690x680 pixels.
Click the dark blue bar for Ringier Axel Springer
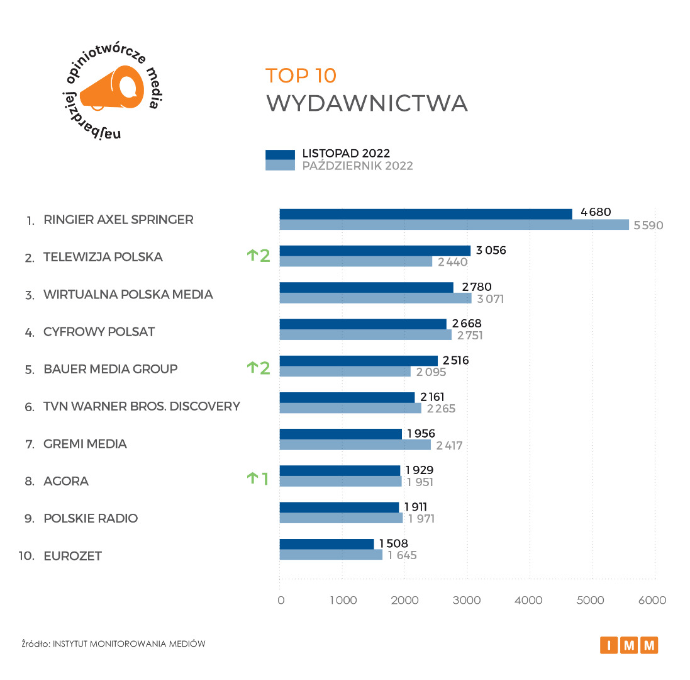coord(425,214)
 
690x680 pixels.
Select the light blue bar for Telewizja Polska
coord(355,261)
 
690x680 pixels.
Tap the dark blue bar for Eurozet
coord(326,544)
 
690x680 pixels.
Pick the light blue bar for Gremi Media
coord(355,445)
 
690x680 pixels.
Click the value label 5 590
coord(648,225)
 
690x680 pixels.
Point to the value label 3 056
coord(491,251)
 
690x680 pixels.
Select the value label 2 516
coord(455,361)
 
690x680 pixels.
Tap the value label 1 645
coord(402,555)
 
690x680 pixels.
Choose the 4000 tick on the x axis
coord(528,601)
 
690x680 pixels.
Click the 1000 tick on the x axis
coord(343,601)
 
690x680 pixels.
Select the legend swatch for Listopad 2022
coord(280,154)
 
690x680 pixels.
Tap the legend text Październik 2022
coord(357,166)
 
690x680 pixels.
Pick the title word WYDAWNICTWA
coord(367,103)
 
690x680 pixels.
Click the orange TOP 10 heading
coord(301,76)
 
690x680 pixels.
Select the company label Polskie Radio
coord(91,518)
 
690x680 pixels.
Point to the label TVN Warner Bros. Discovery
coord(142,406)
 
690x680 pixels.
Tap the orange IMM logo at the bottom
coord(629,645)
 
